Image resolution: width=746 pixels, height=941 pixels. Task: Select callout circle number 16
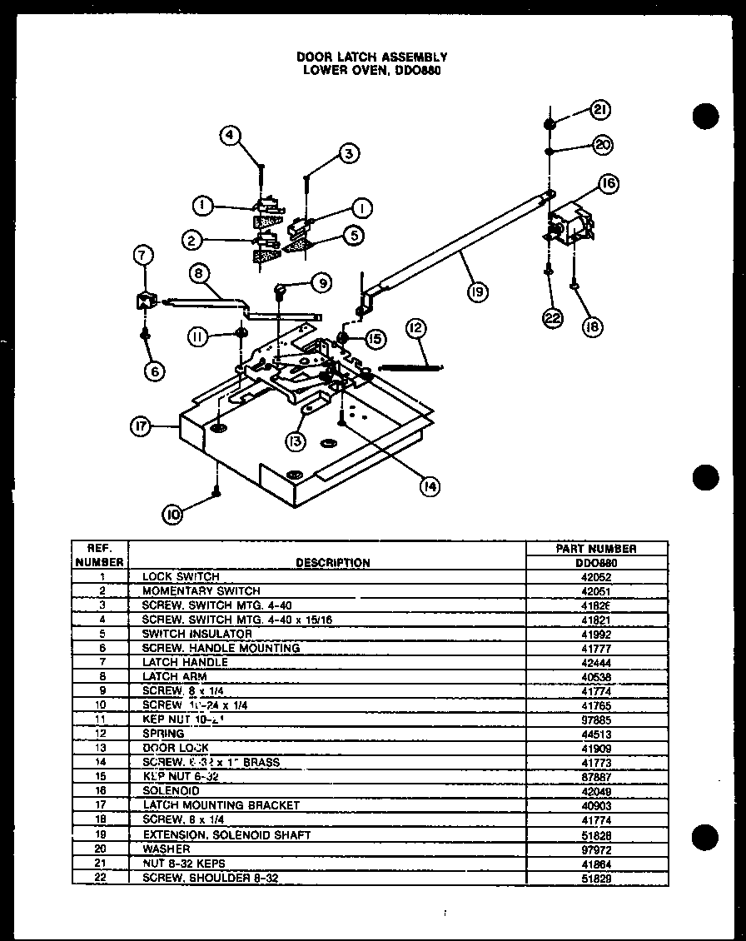[609, 184]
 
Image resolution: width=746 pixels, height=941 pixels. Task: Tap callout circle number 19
[478, 291]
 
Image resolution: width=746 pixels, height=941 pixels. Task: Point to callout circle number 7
[143, 256]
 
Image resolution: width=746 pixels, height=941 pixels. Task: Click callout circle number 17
[141, 426]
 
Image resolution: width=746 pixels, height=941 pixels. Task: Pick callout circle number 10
[172, 515]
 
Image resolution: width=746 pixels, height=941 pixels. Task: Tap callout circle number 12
[415, 329]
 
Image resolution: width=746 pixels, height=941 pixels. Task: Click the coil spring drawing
[411, 365]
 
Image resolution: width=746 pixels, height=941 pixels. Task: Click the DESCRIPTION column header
[333, 563]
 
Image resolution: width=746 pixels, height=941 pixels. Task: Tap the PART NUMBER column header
[595, 549]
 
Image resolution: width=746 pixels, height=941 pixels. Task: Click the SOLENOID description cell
[171, 790]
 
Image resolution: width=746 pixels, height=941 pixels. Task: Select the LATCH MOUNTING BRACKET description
[221, 805]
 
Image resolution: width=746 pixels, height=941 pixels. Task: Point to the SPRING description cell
[163, 734]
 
